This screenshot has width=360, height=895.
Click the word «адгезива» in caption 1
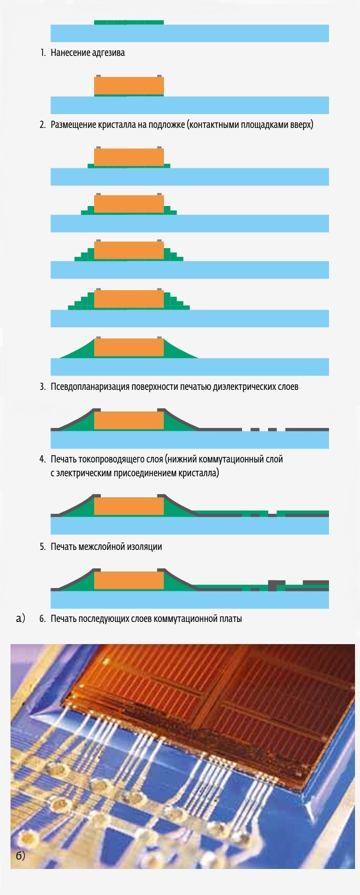pos(107,53)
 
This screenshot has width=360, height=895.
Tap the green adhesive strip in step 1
pos(128,22)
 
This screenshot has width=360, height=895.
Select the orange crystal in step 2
pos(128,86)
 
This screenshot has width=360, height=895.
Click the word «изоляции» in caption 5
pos(146,547)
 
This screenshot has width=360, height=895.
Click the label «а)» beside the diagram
pos(21,618)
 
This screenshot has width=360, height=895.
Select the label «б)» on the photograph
pos(20,856)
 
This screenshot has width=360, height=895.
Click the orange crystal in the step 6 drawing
pos(128,580)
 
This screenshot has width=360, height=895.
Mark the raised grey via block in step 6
pos(272,585)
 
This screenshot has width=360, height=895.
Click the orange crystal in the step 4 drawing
pos(128,421)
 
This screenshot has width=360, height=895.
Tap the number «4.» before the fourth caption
pos(43,459)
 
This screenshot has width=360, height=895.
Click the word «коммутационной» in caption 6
pos(184,619)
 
